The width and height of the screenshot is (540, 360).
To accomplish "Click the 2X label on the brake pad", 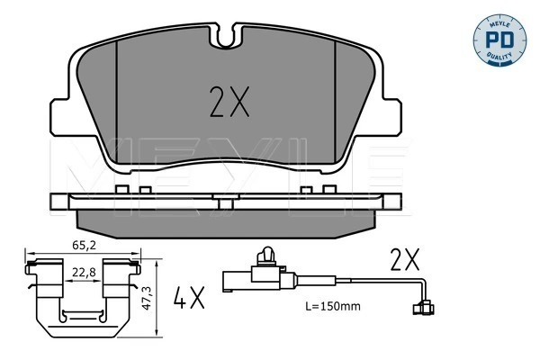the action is (229, 102).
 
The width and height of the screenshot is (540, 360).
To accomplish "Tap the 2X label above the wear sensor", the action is (405, 259).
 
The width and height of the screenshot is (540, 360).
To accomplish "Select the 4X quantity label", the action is (189, 297).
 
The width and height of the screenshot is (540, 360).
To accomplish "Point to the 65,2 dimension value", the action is (84, 246).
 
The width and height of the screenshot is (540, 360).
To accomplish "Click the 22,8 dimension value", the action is (84, 272).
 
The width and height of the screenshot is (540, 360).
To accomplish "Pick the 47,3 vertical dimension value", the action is (147, 298).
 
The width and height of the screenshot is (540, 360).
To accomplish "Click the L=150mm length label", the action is (333, 306).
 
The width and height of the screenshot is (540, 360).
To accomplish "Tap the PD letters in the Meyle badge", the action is (499, 40).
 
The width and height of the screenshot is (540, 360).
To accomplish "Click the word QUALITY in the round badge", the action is (499, 57).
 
